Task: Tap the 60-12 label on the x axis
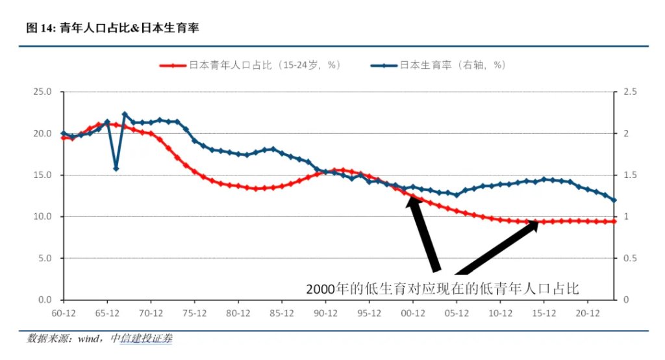pos(63,313)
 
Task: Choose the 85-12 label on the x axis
pos(282,313)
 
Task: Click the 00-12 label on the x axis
pos(413,313)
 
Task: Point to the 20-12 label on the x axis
pos(588,313)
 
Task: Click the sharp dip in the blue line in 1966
pos(116,168)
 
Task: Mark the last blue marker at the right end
pos(614,200)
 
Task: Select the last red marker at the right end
pos(614,222)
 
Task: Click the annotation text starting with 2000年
pos(442,287)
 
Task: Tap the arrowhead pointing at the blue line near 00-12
pos(411,201)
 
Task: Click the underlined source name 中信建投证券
pos(141,339)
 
